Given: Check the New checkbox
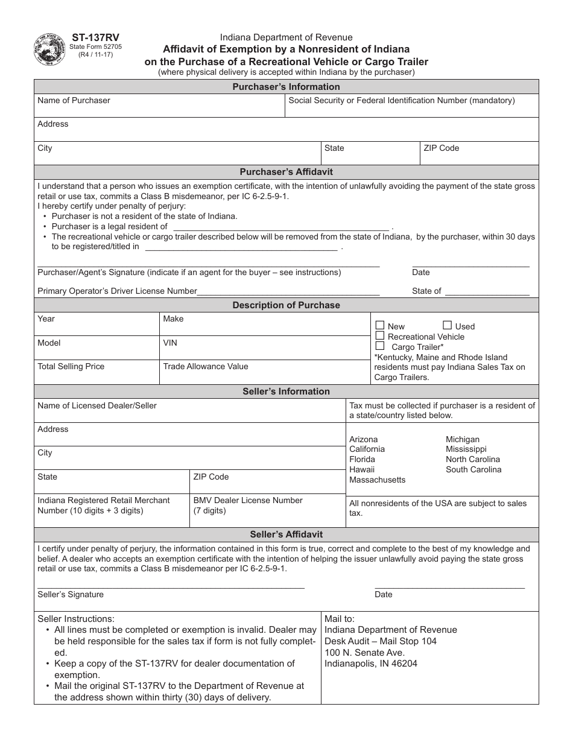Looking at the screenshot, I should (380, 325).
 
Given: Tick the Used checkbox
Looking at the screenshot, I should (448, 325).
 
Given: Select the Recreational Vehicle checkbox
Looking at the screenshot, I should (380, 335).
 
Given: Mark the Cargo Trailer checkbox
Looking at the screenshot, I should (380, 346).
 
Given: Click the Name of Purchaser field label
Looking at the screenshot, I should (74, 101).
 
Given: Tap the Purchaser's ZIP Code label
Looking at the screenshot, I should (441, 148).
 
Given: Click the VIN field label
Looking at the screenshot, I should (170, 343).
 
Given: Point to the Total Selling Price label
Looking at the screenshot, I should (71, 366).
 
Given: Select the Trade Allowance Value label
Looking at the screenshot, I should (205, 366).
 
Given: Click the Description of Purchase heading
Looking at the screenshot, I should (286, 305).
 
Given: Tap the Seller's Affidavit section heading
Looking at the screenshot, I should (286, 534).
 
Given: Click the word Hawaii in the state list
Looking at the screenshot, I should (362, 469).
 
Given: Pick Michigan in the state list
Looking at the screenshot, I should (463, 439).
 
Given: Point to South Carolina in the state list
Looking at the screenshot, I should (473, 469).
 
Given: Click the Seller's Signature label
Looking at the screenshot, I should (71, 595).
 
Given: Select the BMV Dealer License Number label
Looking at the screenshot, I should (248, 500).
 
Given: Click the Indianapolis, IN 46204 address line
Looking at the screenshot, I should (370, 664).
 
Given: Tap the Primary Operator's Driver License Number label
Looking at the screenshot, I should (117, 291).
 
